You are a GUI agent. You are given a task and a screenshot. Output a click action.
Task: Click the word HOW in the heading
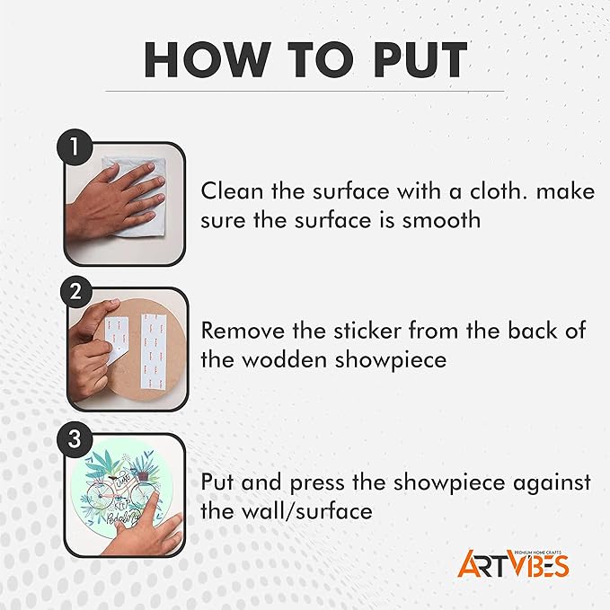208,59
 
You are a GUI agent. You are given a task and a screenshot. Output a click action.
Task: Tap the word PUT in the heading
420,59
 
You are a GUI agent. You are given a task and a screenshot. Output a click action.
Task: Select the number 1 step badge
75,147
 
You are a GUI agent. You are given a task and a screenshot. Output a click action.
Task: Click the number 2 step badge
75,292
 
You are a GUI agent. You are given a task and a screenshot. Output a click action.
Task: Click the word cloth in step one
499,191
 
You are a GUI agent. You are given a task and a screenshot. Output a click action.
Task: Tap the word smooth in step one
441,220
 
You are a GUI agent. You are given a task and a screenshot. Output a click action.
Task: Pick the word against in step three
552,483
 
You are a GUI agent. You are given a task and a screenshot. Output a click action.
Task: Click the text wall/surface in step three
307,511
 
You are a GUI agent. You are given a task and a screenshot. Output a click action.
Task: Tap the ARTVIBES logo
513,563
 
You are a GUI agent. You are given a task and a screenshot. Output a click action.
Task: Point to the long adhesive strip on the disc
153,351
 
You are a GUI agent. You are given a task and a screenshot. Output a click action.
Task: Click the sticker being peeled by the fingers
116,340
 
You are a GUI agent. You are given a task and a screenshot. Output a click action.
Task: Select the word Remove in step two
243,331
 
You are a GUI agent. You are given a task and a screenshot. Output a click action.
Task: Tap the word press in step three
317,483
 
